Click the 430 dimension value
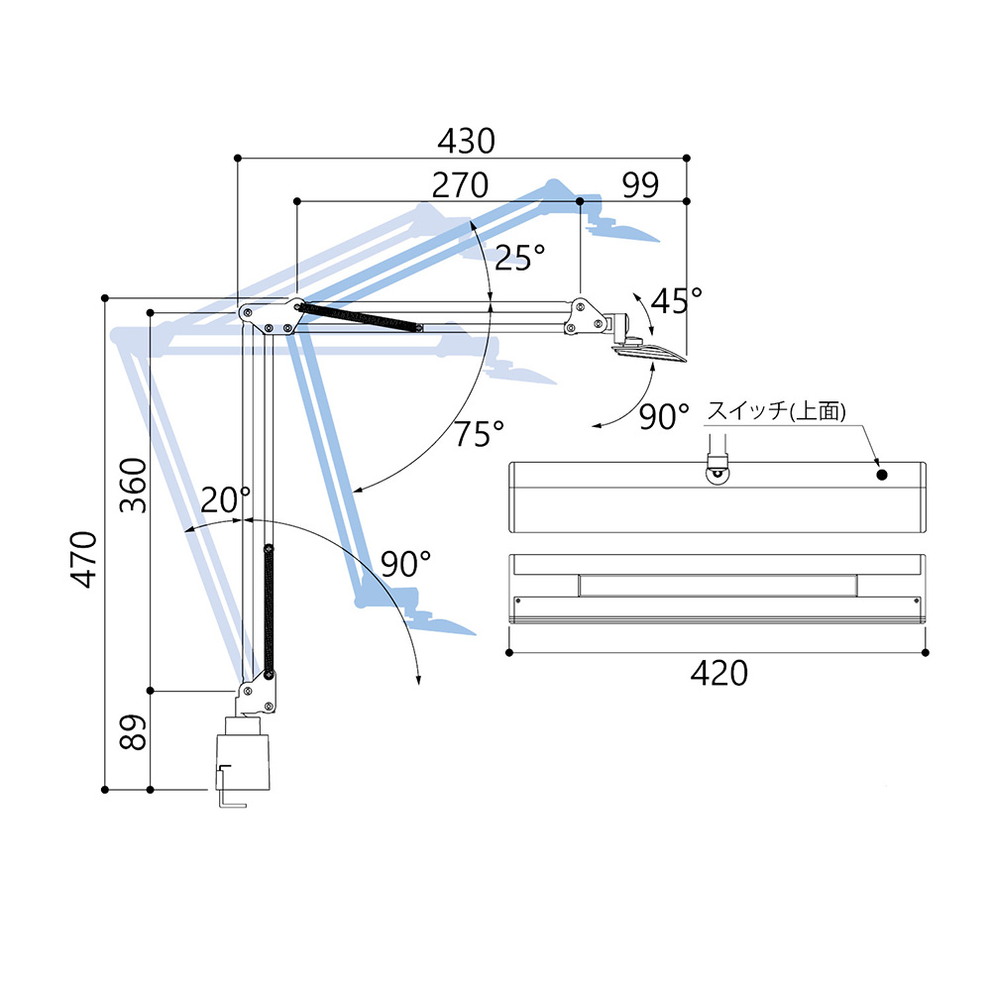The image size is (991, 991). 466,141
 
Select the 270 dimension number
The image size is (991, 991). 460,185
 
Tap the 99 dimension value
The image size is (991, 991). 640,185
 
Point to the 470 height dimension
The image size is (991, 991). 84,559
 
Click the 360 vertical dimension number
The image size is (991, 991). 134,486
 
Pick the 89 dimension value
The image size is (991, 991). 134,732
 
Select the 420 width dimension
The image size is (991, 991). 718,673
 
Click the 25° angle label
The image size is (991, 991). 519,258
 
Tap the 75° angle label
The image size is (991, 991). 480,434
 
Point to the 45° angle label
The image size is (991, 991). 676,301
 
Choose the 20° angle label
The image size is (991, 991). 226,499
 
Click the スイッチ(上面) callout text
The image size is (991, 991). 776,411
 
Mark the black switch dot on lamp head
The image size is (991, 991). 882,475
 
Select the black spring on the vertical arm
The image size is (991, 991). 269,610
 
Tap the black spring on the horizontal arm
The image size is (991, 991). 361,315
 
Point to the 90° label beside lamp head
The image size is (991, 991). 664,416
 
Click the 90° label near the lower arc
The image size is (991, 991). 405,563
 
